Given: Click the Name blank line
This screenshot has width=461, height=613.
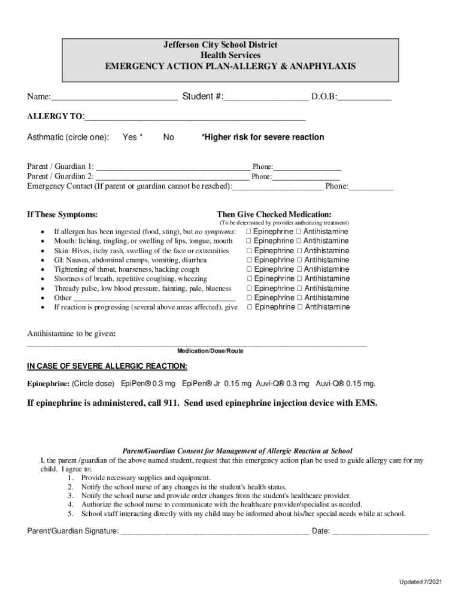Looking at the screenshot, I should [x=114, y=98].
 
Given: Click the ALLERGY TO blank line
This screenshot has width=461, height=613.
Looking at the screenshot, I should [x=195, y=117].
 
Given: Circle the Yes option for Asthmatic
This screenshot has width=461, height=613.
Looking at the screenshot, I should [x=132, y=137].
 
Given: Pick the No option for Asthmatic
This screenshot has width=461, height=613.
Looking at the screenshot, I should [x=168, y=137].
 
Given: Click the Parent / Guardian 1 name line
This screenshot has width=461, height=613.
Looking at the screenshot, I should [x=173, y=167].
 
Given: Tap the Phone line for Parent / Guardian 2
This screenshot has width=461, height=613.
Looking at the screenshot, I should [x=306, y=177].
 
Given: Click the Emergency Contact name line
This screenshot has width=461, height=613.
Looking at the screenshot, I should [x=278, y=187].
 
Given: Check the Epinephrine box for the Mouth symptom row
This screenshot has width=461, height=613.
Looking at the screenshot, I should [x=250, y=241].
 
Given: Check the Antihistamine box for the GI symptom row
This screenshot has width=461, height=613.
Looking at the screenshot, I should [x=300, y=260].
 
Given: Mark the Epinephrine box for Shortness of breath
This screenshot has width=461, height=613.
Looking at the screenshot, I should [x=250, y=279].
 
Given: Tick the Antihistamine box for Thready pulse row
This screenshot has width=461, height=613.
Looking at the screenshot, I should [x=300, y=289].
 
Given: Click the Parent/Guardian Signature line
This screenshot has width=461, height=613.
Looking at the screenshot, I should [x=215, y=531].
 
